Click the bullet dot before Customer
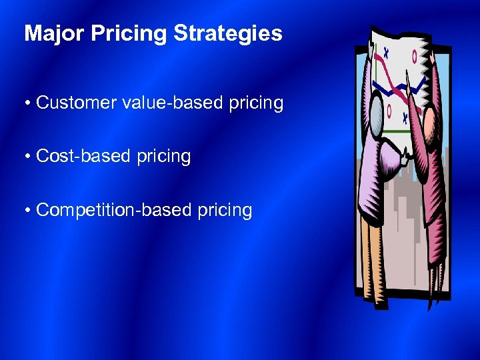(x=29, y=104)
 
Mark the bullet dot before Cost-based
(x=29, y=157)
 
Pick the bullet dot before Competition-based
(x=29, y=211)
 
